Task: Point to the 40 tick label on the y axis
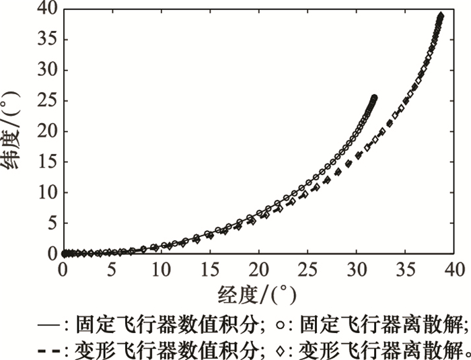tap(46, 9)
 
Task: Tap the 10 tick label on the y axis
tap(46, 192)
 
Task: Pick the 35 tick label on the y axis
tap(46, 40)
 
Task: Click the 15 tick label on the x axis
tap(209, 269)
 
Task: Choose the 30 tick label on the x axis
tap(356, 269)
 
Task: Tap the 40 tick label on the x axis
tap(454, 269)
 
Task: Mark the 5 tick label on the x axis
tap(112, 269)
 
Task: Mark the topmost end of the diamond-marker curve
tap(441, 15)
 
